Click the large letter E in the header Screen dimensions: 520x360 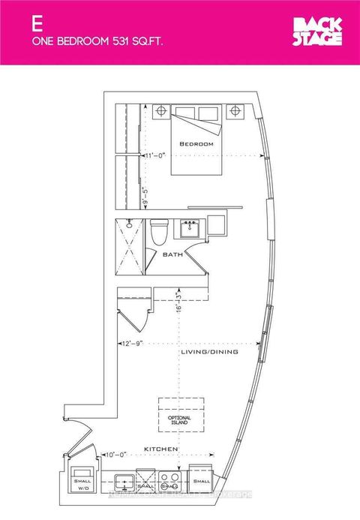pos(35,23)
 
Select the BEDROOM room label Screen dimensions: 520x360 pos(196,143)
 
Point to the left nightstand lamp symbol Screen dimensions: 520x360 pos(160,112)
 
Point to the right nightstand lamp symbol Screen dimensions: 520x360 pos(235,112)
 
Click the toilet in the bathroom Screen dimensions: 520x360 pos(159,231)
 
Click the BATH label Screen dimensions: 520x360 pos(172,254)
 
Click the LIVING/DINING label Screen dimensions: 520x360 pos(209,351)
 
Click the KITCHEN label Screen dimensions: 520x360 pos(161,449)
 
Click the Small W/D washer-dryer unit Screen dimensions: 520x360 pos(79,483)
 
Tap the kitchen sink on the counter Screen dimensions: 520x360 pos(124,481)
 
